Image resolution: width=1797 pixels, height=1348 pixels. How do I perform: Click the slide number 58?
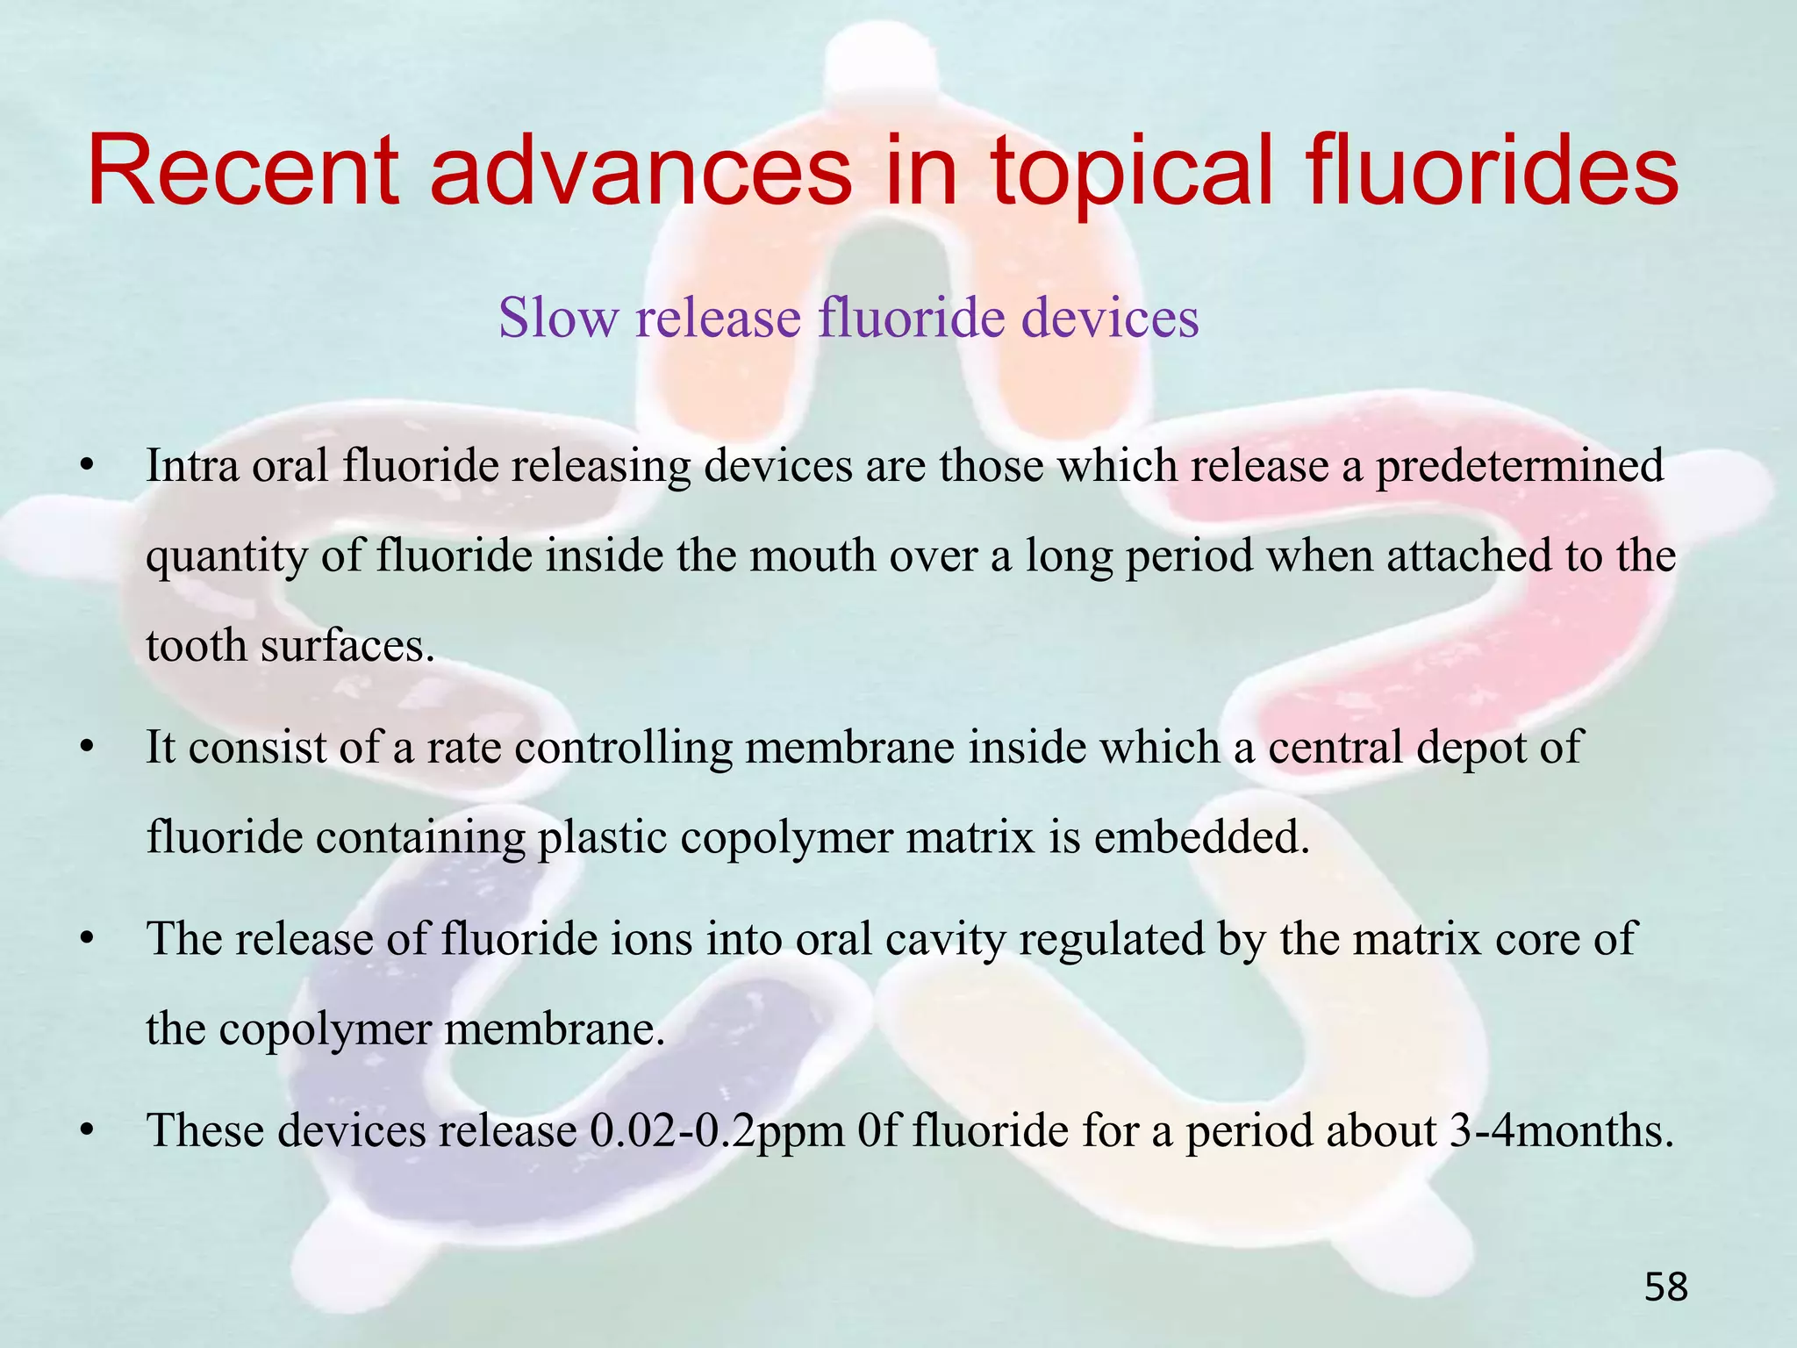click(1665, 1287)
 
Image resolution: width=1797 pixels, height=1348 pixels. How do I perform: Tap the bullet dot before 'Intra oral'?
click(86, 467)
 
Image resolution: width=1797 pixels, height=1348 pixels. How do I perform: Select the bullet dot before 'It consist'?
click(86, 749)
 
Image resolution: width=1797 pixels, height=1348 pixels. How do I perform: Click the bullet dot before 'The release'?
click(86, 940)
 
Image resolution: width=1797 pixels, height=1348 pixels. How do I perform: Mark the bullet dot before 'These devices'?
click(86, 1131)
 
